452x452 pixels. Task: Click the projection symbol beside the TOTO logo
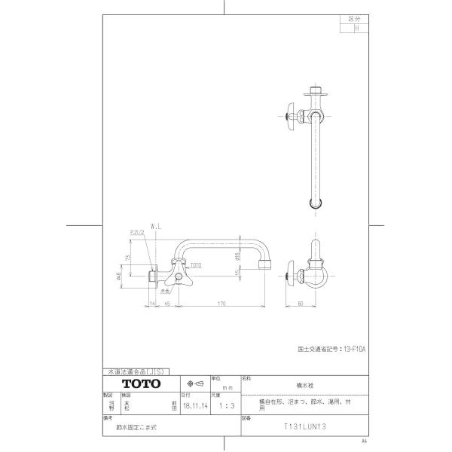pos(194,383)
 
